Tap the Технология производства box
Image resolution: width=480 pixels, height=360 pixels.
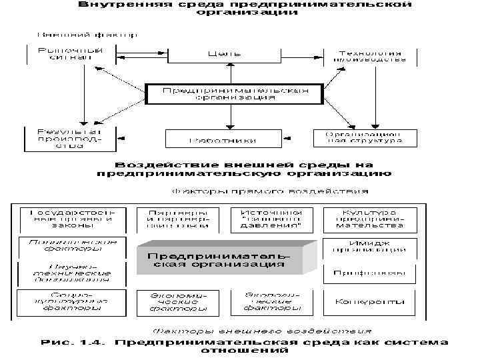(371, 55)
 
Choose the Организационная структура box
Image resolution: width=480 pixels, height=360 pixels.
(364, 137)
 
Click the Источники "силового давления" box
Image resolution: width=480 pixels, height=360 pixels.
(271, 219)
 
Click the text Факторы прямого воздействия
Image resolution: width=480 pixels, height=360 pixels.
(271, 191)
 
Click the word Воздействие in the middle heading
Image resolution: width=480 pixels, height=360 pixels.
(161, 164)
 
